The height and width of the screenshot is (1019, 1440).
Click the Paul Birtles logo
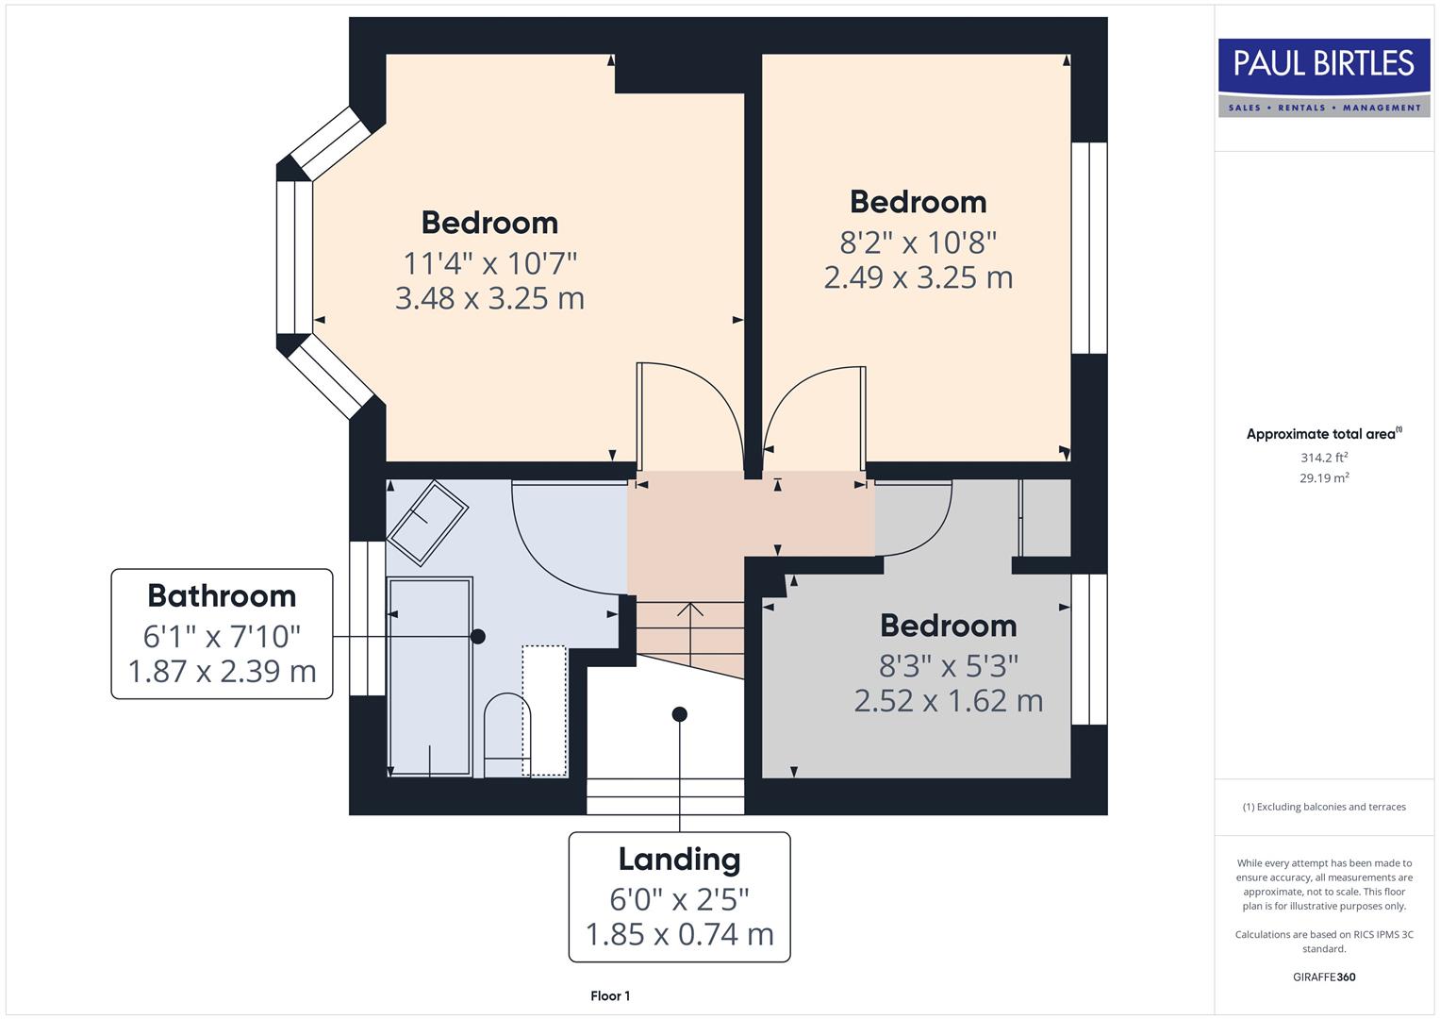point(1323,77)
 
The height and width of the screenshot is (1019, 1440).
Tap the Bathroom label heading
point(222,596)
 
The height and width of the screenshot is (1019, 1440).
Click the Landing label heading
point(679,860)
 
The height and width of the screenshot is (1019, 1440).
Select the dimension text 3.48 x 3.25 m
point(489,298)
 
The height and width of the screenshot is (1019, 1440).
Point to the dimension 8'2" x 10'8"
point(919,242)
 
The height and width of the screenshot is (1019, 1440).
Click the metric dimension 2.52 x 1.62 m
point(948,701)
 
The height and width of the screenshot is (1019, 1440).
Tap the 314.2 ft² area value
point(1323,458)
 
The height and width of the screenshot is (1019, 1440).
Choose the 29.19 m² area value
point(1323,478)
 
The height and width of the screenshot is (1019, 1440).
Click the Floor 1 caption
point(610,995)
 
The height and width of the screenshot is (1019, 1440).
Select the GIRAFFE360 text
point(1323,977)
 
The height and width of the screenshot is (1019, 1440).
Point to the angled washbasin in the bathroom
point(428,522)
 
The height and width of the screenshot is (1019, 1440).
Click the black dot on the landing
point(679,714)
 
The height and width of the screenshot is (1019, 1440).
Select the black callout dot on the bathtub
point(478,637)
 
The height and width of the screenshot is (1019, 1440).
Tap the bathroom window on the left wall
point(367,618)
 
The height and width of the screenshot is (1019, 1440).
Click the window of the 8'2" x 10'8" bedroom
point(1089,248)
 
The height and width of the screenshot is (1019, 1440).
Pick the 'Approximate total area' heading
point(1323,434)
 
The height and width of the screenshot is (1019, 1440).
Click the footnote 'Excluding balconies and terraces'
point(1323,807)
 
